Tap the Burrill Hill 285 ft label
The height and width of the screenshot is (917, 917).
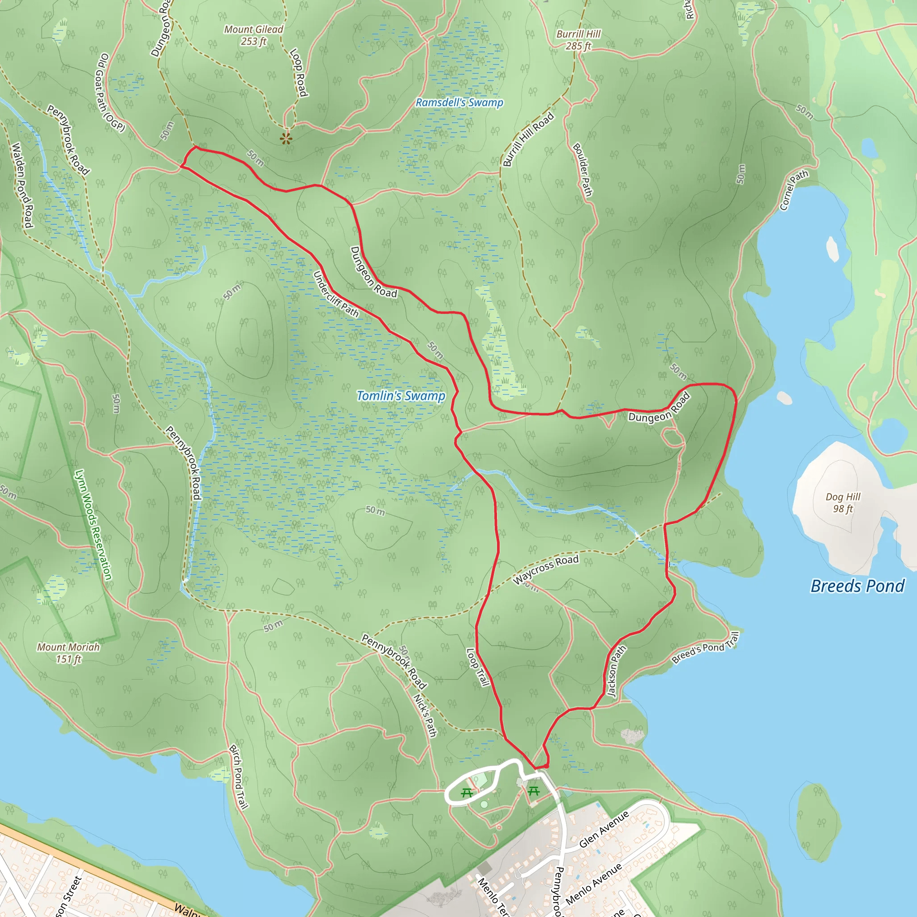click(x=578, y=40)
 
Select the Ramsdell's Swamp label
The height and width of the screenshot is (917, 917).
click(x=459, y=103)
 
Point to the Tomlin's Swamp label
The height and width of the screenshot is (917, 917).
click(x=401, y=396)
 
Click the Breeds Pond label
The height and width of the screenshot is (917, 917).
click(x=857, y=586)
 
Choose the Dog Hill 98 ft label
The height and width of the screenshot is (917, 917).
click(x=843, y=503)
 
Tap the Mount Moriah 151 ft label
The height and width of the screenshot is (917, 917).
click(x=69, y=653)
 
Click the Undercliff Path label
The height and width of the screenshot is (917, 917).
click(x=335, y=294)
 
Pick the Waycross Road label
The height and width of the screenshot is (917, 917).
click(x=545, y=570)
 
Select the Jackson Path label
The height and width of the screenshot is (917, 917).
click(x=617, y=671)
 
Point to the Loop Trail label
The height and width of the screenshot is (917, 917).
click(x=477, y=667)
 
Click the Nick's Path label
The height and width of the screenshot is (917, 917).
click(x=425, y=715)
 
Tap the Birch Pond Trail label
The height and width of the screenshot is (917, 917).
click(x=238, y=776)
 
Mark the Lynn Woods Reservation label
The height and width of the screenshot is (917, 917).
click(x=94, y=525)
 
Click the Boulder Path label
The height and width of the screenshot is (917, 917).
click(x=583, y=169)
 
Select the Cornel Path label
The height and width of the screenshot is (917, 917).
click(x=793, y=190)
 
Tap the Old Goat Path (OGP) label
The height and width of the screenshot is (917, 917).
click(x=110, y=93)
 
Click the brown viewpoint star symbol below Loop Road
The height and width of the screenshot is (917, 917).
click(x=286, y=139)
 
